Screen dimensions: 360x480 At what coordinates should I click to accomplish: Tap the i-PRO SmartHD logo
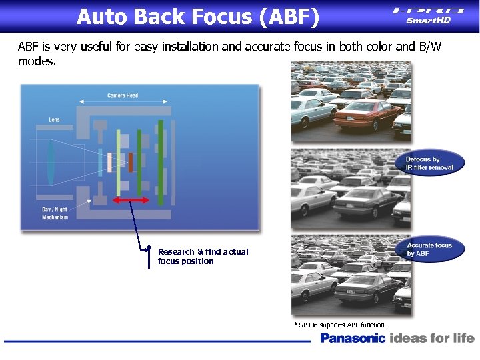(429, 15)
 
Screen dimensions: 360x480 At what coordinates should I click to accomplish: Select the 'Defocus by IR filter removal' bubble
(430, 164)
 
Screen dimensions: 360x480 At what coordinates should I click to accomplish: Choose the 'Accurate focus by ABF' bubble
(429, 249)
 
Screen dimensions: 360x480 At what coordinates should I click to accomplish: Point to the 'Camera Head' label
(123, 96)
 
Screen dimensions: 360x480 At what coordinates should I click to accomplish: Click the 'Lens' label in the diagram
(54, 120)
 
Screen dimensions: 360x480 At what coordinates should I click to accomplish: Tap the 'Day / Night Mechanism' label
(55, 213)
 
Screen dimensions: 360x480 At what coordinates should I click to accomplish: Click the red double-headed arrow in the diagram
(131, 200)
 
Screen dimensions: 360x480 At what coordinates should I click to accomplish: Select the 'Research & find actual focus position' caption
(203, 257)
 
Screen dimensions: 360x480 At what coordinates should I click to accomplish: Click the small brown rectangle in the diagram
(131, 162)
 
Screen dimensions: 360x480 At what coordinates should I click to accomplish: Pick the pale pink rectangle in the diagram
(101, 162)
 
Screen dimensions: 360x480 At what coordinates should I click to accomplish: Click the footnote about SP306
(340, 325)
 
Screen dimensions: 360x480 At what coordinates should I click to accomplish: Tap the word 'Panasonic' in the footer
(353, 338)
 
